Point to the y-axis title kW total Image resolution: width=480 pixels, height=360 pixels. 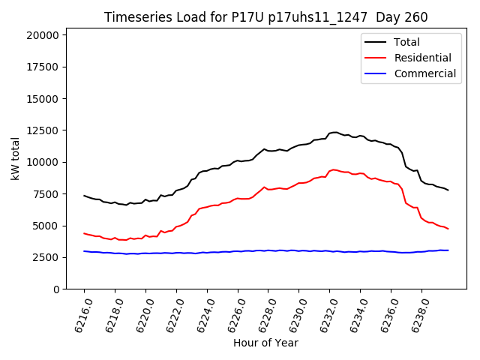click(x=15, y=158)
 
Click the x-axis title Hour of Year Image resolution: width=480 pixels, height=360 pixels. click(x=265, y=343)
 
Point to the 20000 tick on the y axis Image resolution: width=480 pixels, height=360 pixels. click(x=41, y=35)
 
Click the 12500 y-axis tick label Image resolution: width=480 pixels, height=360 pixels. click(x=41, y=130)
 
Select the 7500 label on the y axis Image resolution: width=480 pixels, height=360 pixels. click(x=44, y=194)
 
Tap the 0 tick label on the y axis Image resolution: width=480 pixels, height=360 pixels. click(x=56, y=289)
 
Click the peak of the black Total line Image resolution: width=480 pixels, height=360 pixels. click(x=334, y=132)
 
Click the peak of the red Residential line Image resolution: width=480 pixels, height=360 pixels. click(x=334, y=169)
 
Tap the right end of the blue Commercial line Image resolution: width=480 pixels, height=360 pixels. click(x=448, y=250)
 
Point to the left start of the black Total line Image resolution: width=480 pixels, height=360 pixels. click(x=84, y=195)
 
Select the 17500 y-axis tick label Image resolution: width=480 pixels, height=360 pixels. click(x=41, y=67)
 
